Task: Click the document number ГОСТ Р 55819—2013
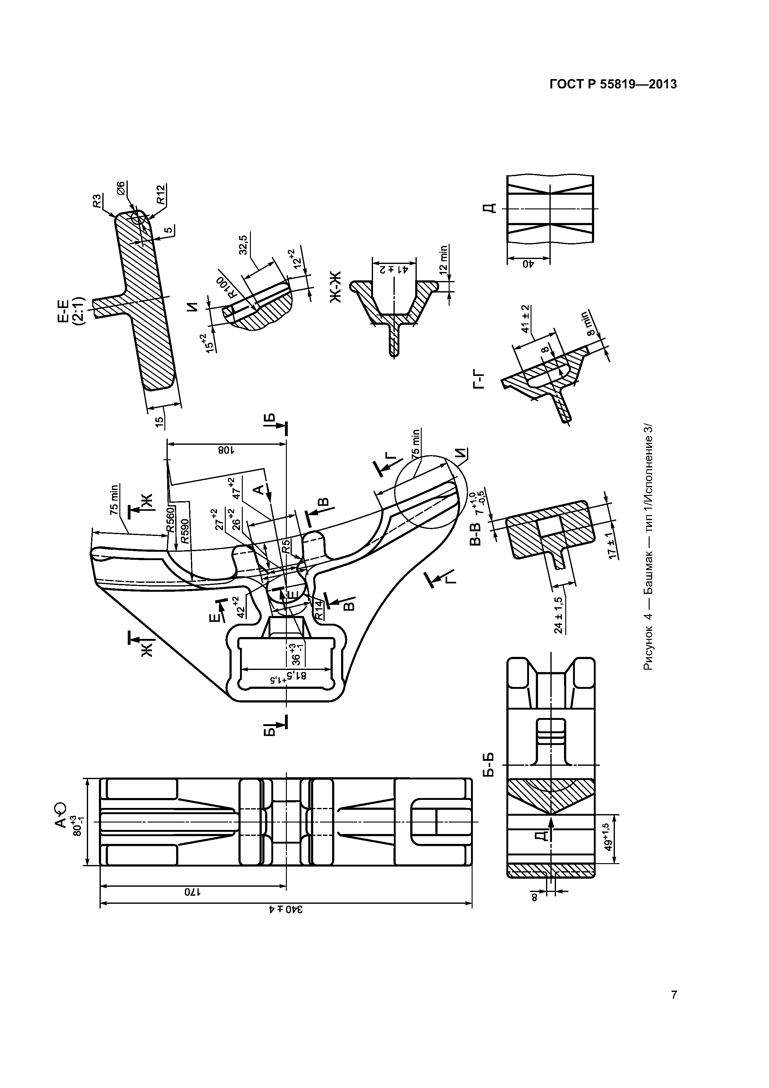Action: pyautogui.click(x=613, y=84)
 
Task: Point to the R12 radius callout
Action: pyautogui.click(x=161, y=195)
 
